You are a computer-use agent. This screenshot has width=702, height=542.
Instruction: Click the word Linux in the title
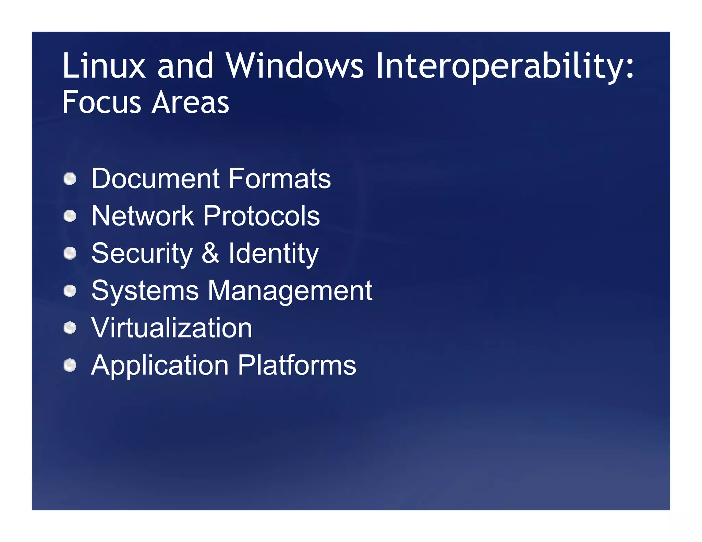pos(104,66)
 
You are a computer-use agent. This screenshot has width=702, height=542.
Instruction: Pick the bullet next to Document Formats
pos(70,179)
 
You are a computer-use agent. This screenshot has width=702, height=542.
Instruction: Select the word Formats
pos(279,178)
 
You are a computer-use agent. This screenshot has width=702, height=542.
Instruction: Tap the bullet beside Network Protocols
pos(70,216)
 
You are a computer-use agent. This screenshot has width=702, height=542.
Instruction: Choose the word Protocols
pos(261,216)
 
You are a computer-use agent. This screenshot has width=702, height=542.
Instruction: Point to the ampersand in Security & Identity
pos(210,253)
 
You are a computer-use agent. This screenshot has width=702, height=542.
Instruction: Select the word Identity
pos(274,254)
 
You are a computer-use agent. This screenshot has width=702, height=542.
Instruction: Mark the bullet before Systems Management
pos(70,291)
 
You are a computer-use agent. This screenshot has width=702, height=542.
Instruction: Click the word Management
pos(290,291)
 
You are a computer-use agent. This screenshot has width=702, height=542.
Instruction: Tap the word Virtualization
pos(172,328)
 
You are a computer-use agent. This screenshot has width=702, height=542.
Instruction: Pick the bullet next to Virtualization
pos(70,328)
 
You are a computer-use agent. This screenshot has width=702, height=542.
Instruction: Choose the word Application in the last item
pos(160,366)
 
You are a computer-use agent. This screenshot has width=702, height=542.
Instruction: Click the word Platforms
pos(297,365)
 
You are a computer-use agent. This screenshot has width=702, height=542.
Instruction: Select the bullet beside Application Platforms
pos(70,365)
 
